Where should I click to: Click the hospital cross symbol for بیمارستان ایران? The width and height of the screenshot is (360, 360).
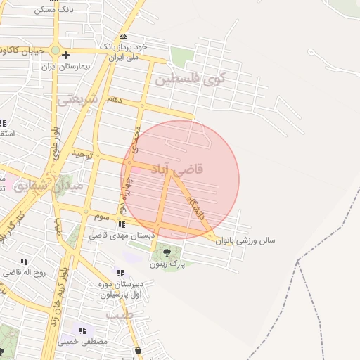pyautogui.click(x=65, y=55)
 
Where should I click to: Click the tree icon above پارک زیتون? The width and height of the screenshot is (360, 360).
pyautogui.click(x=167, y=252)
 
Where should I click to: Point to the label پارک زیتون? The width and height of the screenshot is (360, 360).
pyautogui.click(x=167, y=265)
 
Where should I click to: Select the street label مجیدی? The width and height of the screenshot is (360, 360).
pyautogui.click(x=136, y=137)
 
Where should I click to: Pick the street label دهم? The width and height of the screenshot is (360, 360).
pyautogui.click(x=114, y=101)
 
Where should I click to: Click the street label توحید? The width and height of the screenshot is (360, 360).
pyautogui.click(x=82, y=154)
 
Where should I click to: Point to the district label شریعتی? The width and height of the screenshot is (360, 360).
pyautogui.click(x=77, y=100)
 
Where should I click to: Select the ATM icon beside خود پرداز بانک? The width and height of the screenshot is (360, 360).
pyautogui.click(x=123, y=36)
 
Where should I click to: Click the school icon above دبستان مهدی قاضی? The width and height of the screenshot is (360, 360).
pyautogui.click(x=122, y=225)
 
